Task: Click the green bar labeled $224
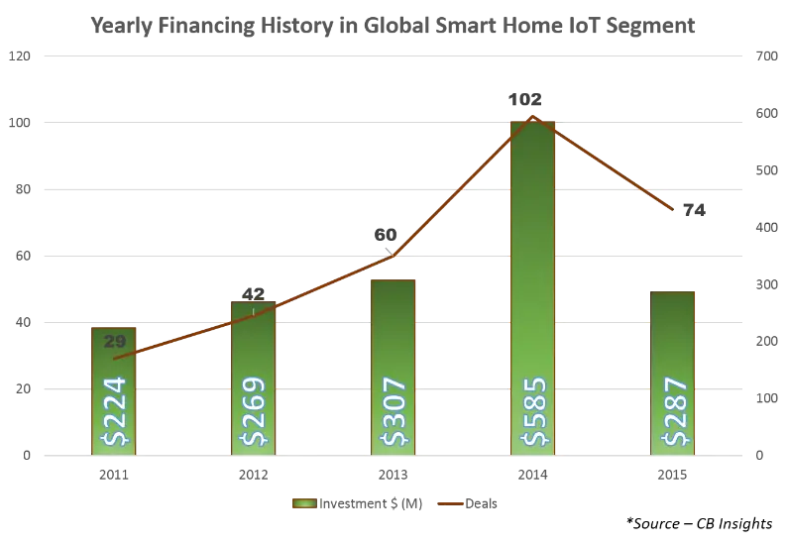[x=113, y=391]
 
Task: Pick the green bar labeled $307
[x=393, y=367]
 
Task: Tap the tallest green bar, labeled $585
[x=534, y=287]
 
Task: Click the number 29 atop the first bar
[x=114, y=342]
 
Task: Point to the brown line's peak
[x=534, y=117]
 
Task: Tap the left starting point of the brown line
[x=114, y=358]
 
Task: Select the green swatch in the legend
[x=301, y=504]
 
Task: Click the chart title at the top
[x=393, y=26]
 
